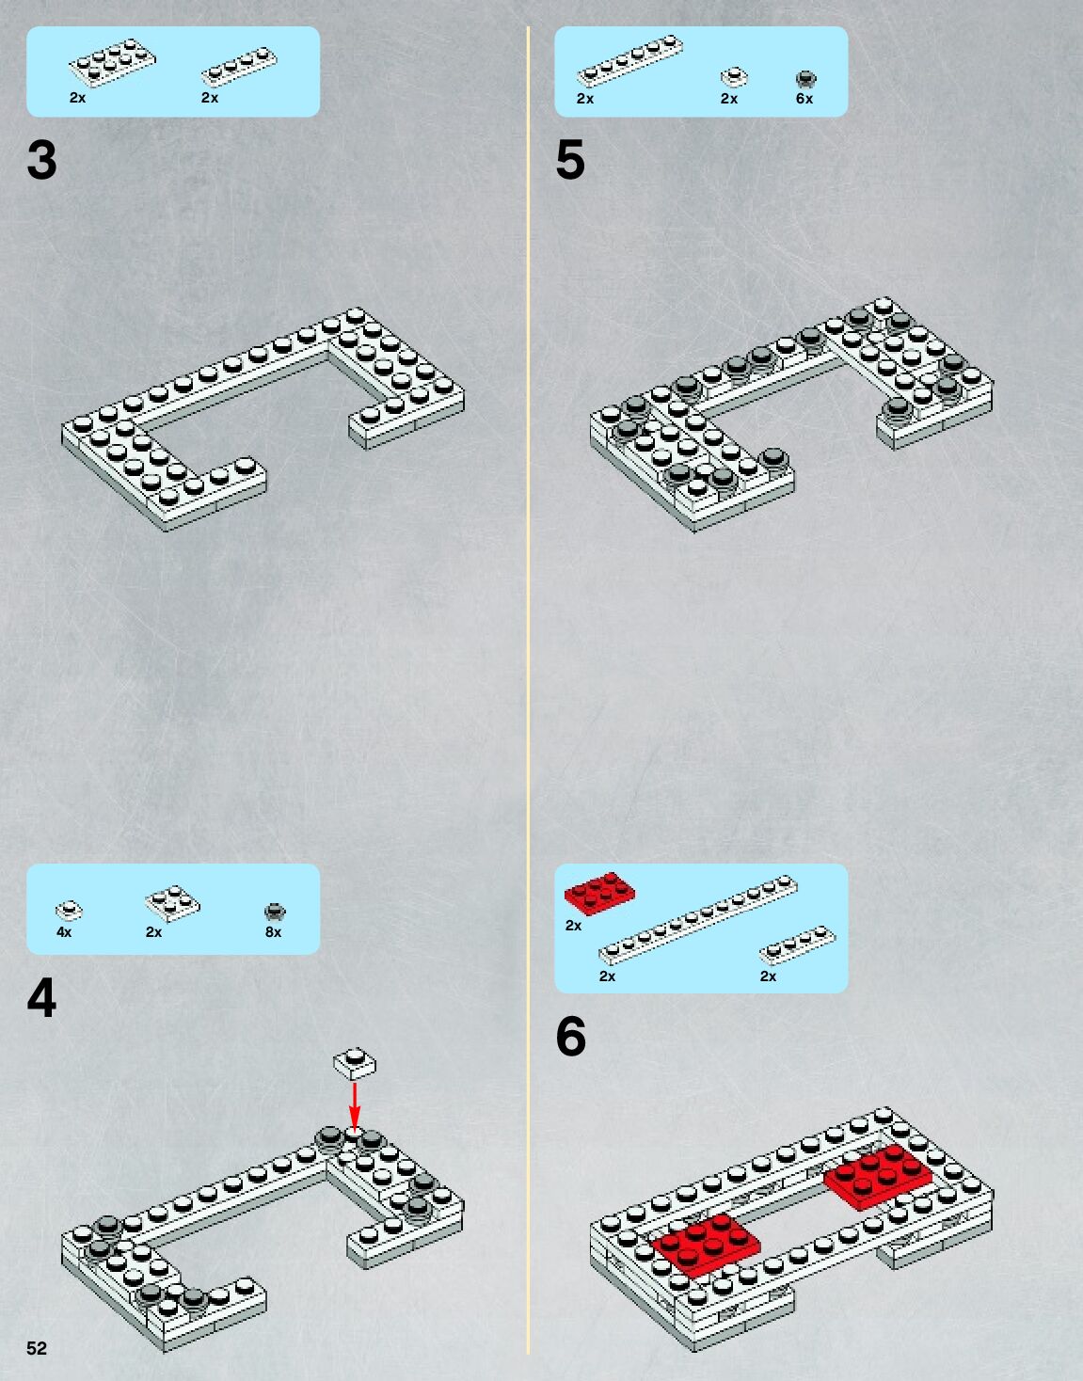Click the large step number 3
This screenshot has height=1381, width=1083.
coord(42,160)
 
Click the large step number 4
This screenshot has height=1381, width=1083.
coord(42,997)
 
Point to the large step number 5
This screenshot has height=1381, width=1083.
coord(569,160)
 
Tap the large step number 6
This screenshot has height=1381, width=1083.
coord(571,1037)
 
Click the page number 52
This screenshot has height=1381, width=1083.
coord(37,1347)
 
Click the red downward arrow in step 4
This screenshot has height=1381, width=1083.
coord(355,1106)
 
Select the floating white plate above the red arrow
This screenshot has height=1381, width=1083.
coord(355,1063)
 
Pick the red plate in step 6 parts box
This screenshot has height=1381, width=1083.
coord(599,893)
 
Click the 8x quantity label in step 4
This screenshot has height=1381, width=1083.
coord(273,931)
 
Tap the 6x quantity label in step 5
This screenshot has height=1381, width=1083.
coord(804,99)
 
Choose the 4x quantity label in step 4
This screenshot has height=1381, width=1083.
coord(64,931)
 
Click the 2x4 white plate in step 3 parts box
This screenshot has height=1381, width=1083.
coord(113,61)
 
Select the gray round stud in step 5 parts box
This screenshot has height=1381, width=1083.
coord(805,79)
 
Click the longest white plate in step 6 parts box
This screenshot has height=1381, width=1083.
coord(698,919)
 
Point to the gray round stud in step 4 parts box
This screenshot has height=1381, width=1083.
coord(275,912)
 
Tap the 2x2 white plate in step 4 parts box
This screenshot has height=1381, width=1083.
coord(172,903)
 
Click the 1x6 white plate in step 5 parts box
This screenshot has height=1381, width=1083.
coord(629,62)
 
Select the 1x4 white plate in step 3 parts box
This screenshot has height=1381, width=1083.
coord(240,67)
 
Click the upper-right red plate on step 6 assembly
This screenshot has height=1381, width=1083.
coord(878,1176)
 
